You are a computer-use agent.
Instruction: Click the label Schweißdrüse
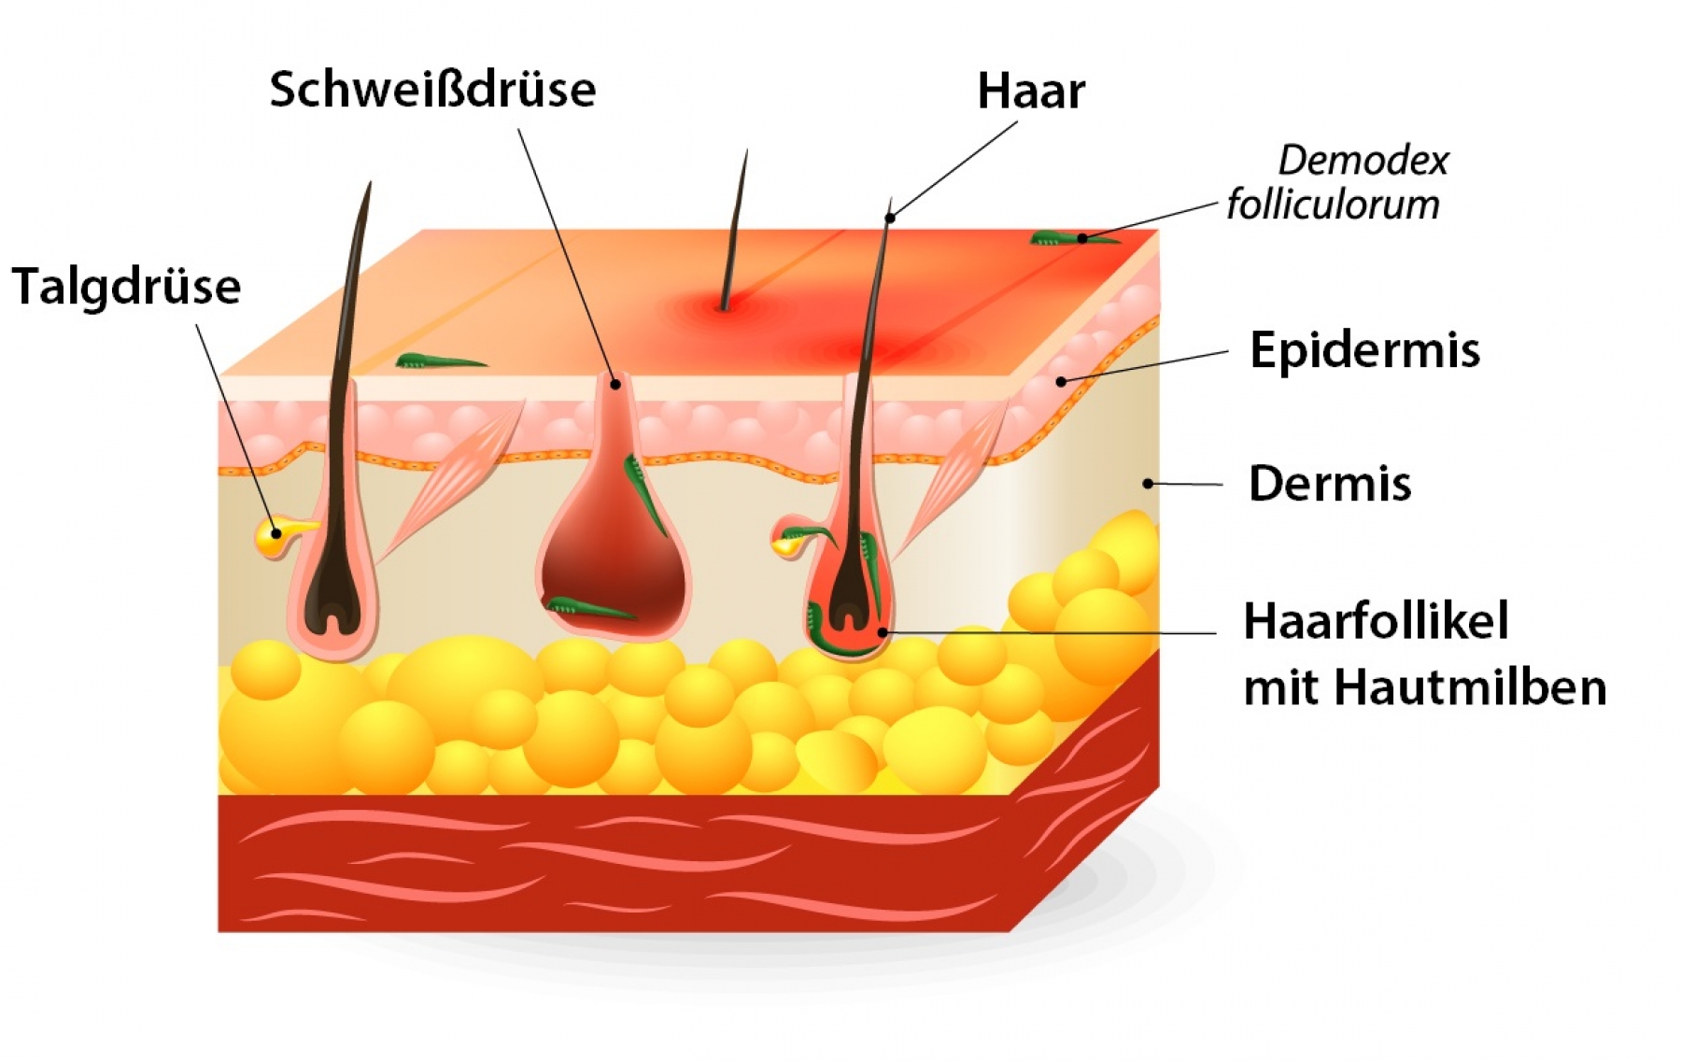coord(432,90)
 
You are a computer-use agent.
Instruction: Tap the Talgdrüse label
coord(126,287)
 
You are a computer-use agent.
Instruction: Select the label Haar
coord(1031,92)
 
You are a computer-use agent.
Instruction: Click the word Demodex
coord(1363,161)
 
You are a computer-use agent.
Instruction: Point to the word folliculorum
coord(1333,205)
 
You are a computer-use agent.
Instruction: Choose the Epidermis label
coord(1364,351)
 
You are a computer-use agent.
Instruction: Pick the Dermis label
coord(1330,484)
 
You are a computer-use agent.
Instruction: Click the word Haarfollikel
coord(1376,621)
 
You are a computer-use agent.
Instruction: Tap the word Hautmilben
coord(1470,688)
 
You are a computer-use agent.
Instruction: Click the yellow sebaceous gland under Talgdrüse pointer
coord(277,536)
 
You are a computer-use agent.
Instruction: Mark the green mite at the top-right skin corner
coord(1074,238)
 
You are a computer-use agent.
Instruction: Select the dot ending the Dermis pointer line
coord(1149,484)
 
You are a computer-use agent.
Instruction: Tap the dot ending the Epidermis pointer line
coord(1061,381)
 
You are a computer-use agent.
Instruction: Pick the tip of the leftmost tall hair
coord(371,183)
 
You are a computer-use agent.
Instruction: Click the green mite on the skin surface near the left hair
coord(440,361)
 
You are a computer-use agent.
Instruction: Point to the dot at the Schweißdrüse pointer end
coord(615,383)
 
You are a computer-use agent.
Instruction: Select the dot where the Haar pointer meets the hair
coord(890,219)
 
